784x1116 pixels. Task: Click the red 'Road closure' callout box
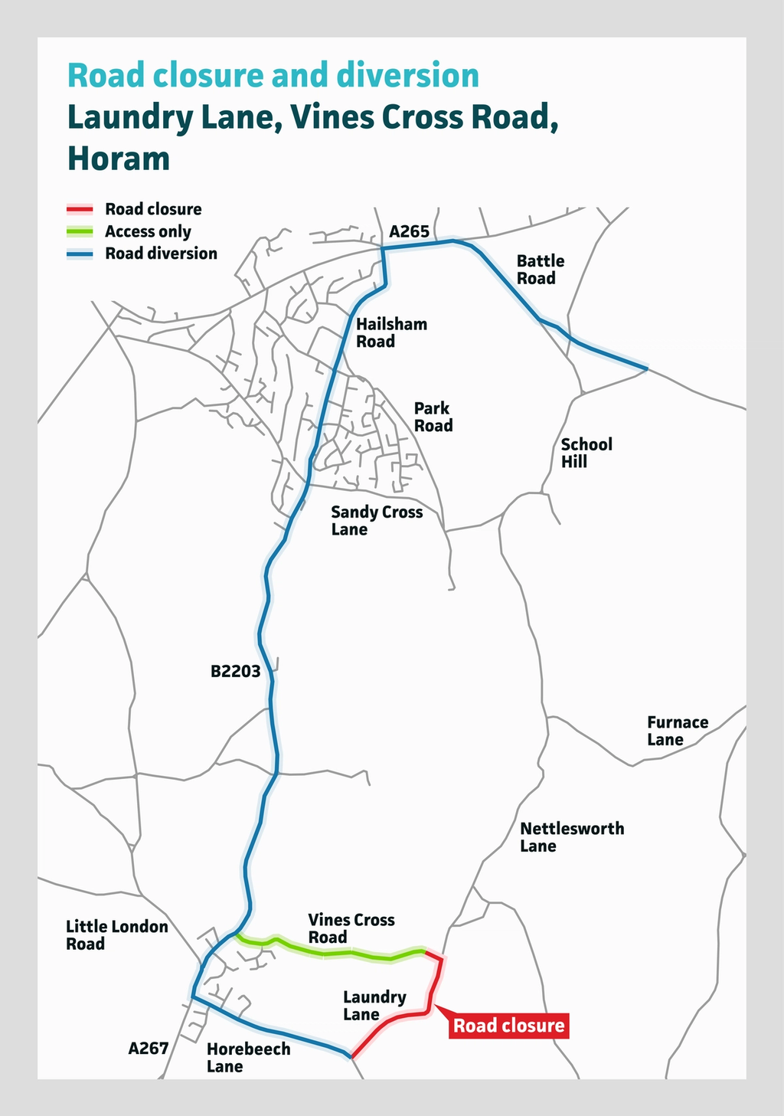(509, 1026)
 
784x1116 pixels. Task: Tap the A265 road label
(409, 231)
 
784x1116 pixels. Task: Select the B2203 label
(236, 672)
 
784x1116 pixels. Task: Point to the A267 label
(149, 1048)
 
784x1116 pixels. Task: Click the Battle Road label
(540, 270)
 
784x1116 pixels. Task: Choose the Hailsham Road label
(391, 332)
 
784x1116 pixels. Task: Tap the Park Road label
(433, 417)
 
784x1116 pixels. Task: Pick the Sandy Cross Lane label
(377, 521)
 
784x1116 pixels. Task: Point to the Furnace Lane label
(678, 731)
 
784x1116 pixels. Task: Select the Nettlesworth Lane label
(572, 837)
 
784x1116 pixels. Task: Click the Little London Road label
(117, 935)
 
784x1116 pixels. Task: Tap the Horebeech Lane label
(249, 1058)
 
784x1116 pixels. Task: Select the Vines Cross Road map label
(351, 928)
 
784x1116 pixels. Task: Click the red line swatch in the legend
(80, 209)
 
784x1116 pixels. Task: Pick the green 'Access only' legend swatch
(80, 231)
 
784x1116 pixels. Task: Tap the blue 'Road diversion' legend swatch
(80, 254)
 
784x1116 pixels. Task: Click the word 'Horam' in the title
(119, 159)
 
